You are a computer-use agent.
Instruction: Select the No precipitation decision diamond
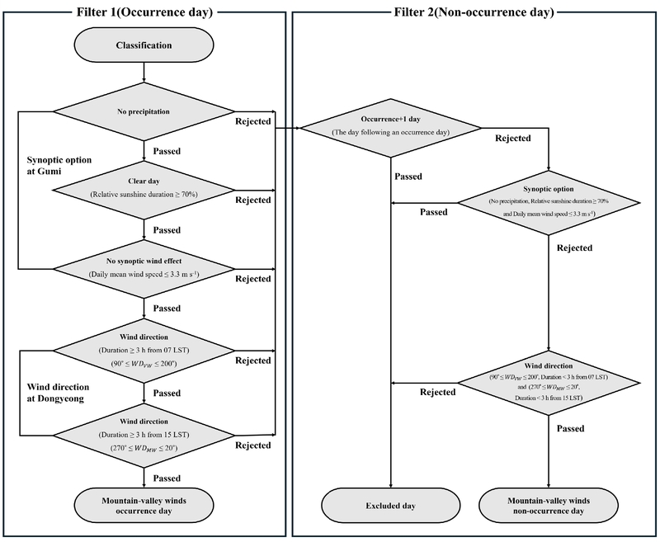tap(144, 111)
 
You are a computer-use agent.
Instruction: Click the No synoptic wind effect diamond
tap(144, 268)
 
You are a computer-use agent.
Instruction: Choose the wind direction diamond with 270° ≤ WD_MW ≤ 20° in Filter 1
tap(144, 435)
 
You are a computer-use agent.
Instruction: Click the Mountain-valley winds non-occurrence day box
tap(549, 505)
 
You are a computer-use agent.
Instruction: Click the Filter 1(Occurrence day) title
tap(144, 11)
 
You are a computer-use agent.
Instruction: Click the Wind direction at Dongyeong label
tap(59, 393)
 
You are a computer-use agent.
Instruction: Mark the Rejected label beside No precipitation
tap(252, 121)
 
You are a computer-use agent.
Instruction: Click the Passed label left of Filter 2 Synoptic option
tap(434, 212)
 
